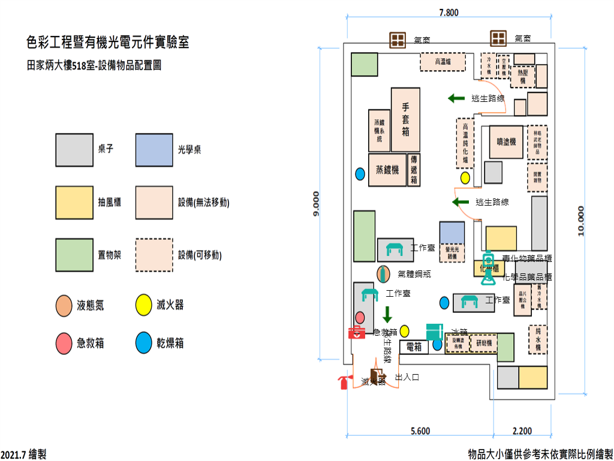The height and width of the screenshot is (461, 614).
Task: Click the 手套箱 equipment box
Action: point(405,120)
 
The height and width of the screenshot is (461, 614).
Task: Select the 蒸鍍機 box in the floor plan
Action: point(387,170)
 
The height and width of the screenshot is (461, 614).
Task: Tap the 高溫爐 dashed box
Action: point(443,62)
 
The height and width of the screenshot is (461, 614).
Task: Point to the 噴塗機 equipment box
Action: point(506,141)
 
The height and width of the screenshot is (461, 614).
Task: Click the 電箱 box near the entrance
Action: point(414,346)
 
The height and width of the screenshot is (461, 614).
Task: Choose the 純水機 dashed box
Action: point(538,339)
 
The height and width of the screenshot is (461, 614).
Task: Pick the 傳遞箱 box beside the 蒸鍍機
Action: point(414,170)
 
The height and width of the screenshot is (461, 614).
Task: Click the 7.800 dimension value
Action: point(449,12)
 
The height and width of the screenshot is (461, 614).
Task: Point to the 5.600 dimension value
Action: point(420,430)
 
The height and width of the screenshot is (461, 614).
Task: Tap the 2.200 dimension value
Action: point(522,430)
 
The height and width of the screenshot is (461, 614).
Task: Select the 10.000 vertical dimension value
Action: point(580,221)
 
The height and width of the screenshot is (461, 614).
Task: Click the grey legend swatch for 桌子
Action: point(74,150)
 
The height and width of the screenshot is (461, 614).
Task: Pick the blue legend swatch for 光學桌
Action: point(155,150)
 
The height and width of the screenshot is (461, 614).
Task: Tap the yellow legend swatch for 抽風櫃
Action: point(74,203)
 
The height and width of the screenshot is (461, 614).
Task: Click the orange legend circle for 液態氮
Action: point(64,305)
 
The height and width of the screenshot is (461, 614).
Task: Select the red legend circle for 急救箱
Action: point(64,343)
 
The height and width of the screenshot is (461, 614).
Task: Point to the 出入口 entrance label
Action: point(407,378)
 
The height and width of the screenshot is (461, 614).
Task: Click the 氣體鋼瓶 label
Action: point(414,274)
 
